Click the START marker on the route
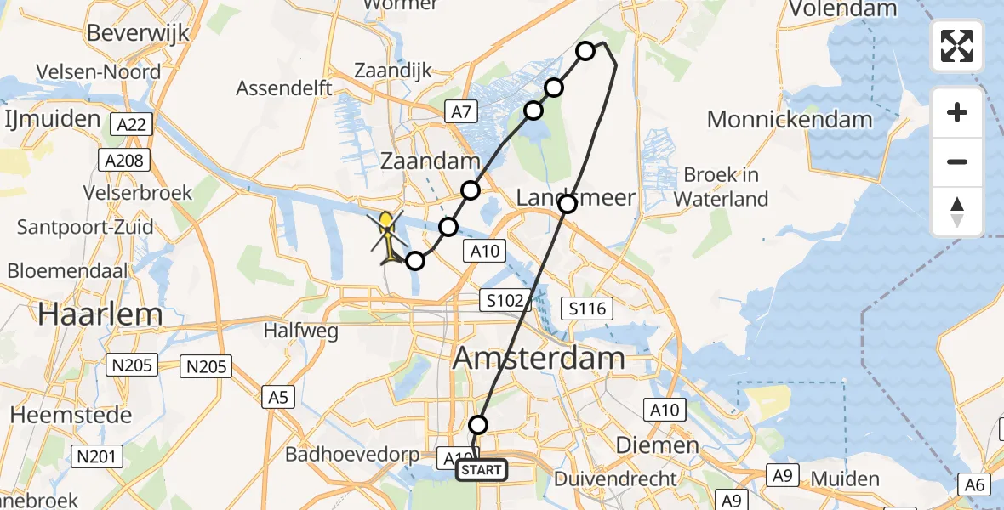482,469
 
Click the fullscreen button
957,46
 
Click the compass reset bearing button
957,212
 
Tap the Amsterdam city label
539,358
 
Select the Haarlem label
100,314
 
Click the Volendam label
843,9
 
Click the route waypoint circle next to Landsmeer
568,203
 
